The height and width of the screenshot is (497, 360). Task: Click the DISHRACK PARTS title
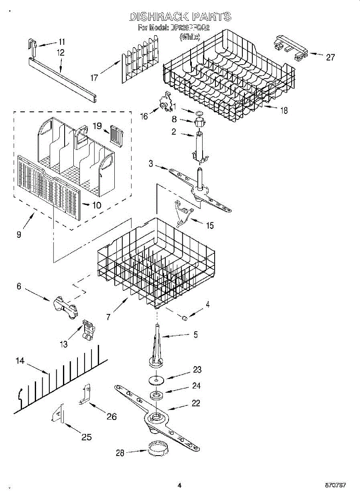click(180, 17)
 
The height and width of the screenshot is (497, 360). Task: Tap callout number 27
click(330, 58)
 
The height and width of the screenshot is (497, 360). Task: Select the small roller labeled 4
click(184, 318)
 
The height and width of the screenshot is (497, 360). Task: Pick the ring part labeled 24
click(157, 395)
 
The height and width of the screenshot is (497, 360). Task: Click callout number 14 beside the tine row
click(20, 361)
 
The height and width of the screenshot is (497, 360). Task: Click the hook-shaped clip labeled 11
click(33, 46)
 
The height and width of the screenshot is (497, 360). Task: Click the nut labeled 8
click(198, 123)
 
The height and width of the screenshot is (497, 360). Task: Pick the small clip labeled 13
click(88, 330)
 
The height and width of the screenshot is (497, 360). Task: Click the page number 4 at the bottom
click(179, 485)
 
